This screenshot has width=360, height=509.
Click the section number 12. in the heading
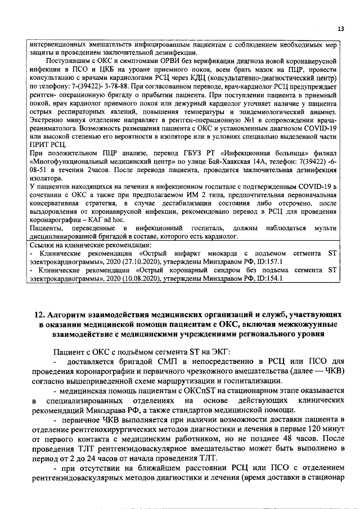coord(37,313)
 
